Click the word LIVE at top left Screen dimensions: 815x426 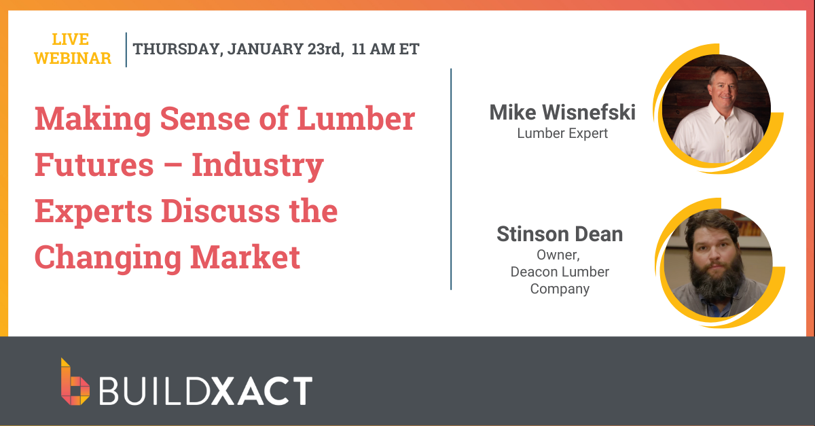click(x=71, y=39)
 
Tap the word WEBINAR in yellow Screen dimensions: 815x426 click(x=73, y=58)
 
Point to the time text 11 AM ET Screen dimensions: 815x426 click(x=385, y=49)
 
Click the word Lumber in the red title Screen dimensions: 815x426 click(x=356, y=118)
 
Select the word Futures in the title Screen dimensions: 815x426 click(x=94, y=164)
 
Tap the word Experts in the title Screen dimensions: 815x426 click(x=94, y=211)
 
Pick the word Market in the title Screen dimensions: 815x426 click(x=245, y=257)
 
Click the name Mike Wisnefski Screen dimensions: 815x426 click(x=562, y=112)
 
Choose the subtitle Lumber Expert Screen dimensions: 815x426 click(x=562, y=133)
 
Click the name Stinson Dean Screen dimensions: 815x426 click(x=560, y=234)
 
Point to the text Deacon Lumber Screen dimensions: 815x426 click(x=560, y=272)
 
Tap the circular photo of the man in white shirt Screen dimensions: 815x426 click(x=716, y=109)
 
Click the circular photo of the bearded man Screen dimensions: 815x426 click(x=718, y=263)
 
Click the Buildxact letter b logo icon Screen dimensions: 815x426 click(x=75, y=382)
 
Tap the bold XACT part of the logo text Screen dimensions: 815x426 click(x=262, y=390)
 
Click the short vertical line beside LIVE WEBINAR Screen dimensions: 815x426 click(x=126, y=50)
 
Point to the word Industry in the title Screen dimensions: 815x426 click(x=257, y=165)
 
